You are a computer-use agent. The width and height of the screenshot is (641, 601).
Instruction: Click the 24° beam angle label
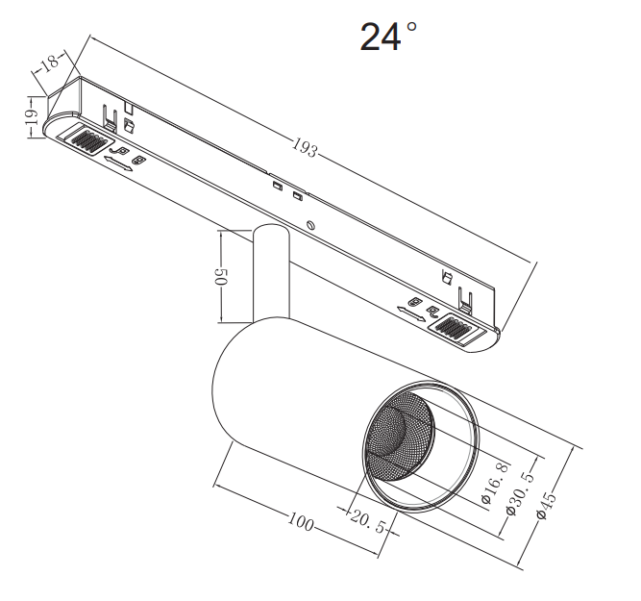[x=388, y=36]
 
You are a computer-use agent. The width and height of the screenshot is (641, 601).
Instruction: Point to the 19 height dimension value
[x=31, y=117]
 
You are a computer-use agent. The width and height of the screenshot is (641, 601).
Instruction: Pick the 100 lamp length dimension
[x=301, y=523]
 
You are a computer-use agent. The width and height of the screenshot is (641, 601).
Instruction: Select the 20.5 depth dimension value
[x=368, y=526]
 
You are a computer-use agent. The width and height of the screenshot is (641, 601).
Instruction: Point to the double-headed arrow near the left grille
[x=117, y=163]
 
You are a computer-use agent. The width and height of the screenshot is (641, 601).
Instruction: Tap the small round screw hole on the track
[x=309, y=225]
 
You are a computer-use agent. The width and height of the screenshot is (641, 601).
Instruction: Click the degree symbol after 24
[x=412, y=27]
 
